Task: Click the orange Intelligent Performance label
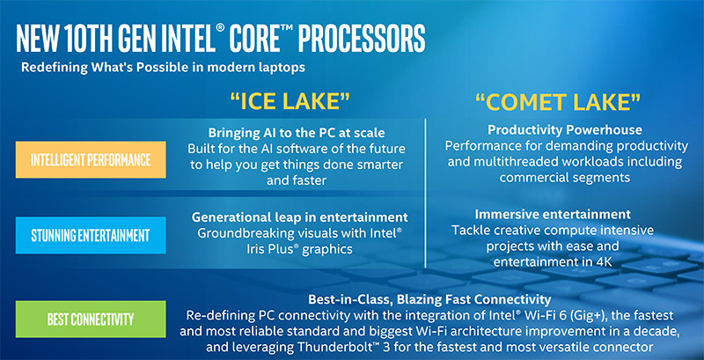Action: point(91,159)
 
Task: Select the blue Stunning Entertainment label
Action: point(91,235)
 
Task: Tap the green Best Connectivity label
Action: point(91,320)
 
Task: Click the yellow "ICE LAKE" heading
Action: point(290,101)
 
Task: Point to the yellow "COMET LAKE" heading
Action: point(558,103)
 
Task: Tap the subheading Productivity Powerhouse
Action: point(565,130)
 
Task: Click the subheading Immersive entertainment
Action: point(553,214)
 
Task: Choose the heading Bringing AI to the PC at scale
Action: point(297,133)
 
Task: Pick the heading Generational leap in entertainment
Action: point(299,217)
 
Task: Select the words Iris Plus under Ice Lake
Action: point(263,249)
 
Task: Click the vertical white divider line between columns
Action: point(425,193)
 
